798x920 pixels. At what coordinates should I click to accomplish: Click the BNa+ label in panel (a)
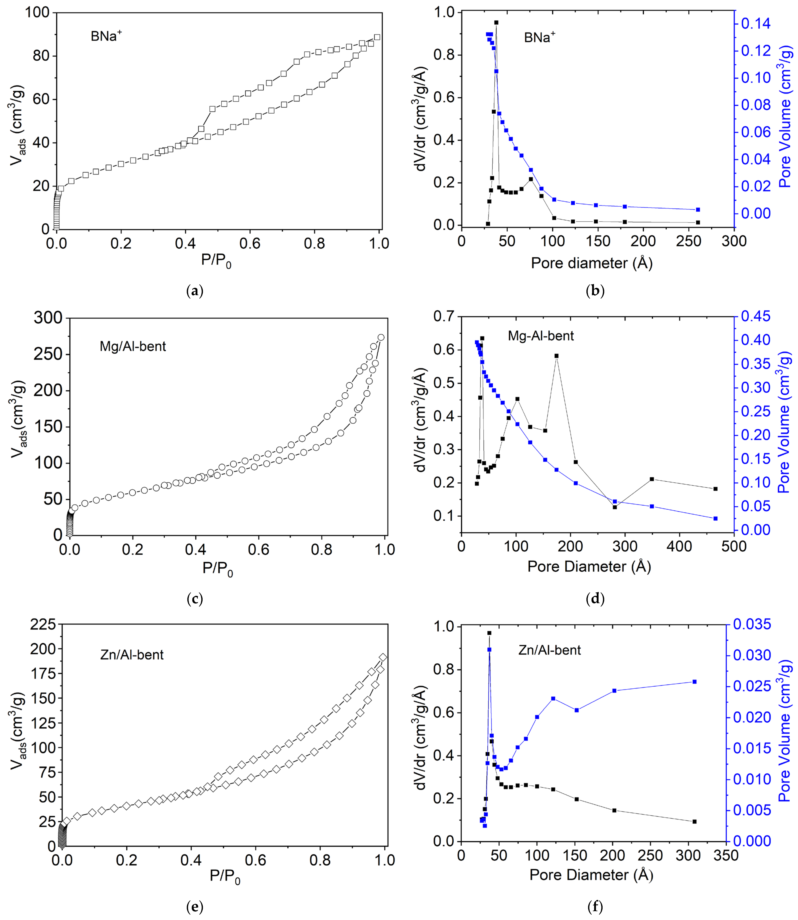pos(106,36)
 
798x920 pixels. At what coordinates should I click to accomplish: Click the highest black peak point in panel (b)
pos(496,22)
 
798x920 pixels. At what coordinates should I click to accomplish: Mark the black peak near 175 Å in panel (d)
pos(556,356)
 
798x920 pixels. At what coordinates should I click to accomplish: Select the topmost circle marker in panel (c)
pos(381,337)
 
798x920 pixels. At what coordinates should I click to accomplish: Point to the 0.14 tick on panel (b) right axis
pos(756,23)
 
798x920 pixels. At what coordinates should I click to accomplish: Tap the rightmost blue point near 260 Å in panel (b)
pos(698,209)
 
